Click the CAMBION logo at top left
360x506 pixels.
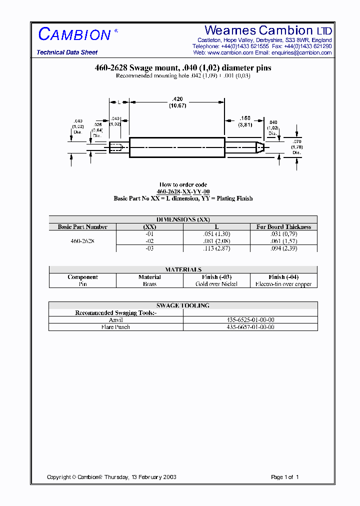(x=75, y=34)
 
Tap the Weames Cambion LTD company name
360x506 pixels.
(x=268, y=30)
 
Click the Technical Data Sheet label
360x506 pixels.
(x=67, y=52)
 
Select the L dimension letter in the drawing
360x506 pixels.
(x=119, y=102)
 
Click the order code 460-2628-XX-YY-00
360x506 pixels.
(x=183, y=191)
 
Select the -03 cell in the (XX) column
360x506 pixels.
(x=149, y=248)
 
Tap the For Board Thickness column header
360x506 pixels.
(x=283, y=227)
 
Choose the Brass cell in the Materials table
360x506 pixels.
(x=149, y=284)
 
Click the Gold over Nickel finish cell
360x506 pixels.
(x=216, y=284)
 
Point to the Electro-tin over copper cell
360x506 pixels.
(x=283, y=284)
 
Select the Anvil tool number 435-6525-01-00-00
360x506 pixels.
(x=250, y=320)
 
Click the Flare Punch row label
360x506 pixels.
(x=115, y=327)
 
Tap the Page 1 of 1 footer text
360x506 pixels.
(x=284, y=477)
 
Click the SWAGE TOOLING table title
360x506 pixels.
(x=183, y=305)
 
